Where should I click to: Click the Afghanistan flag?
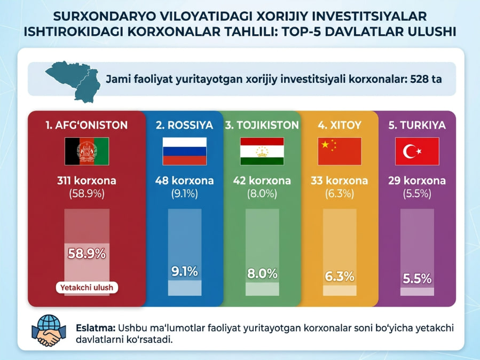click(86, 151)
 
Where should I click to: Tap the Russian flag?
click(184, 151)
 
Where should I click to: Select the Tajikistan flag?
click(262, 151)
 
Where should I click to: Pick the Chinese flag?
click(340, 151)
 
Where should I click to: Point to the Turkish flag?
click(417, 151)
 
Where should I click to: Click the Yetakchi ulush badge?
click(86, 288)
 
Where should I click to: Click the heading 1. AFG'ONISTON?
click(86, 126)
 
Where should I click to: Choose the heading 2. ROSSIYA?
click(184, 126)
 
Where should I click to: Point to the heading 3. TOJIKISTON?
click(262, 126)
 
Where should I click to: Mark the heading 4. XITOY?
click(340, 126)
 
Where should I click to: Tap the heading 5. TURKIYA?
click(417, 126)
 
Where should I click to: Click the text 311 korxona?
click(86, 181)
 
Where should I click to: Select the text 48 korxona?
click(184, 181)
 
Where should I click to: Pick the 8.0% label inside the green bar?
click(262, 273)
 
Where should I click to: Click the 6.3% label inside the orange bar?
click(340, 276)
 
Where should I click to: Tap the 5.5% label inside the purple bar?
click(417, 278)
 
